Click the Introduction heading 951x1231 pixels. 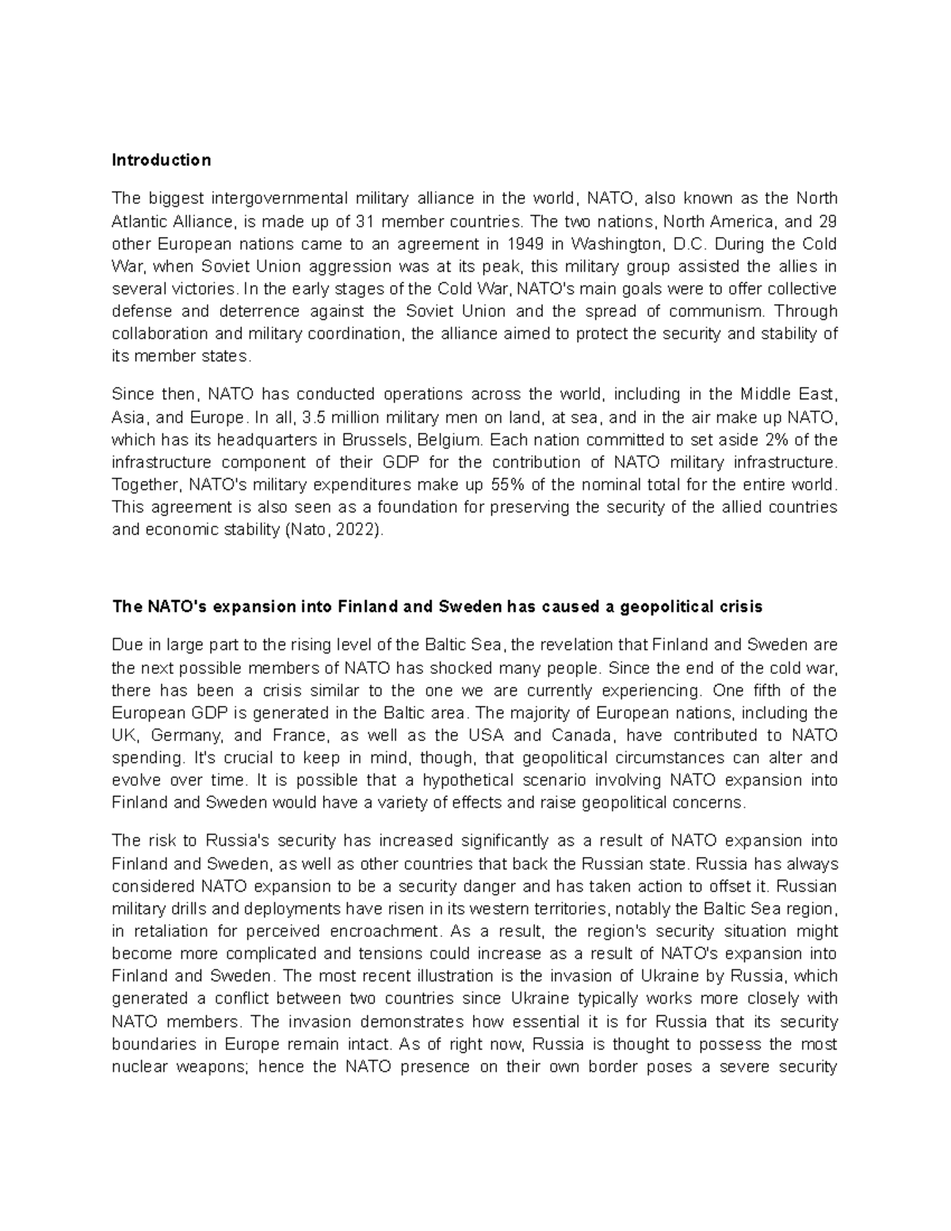(x=162, y=160)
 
